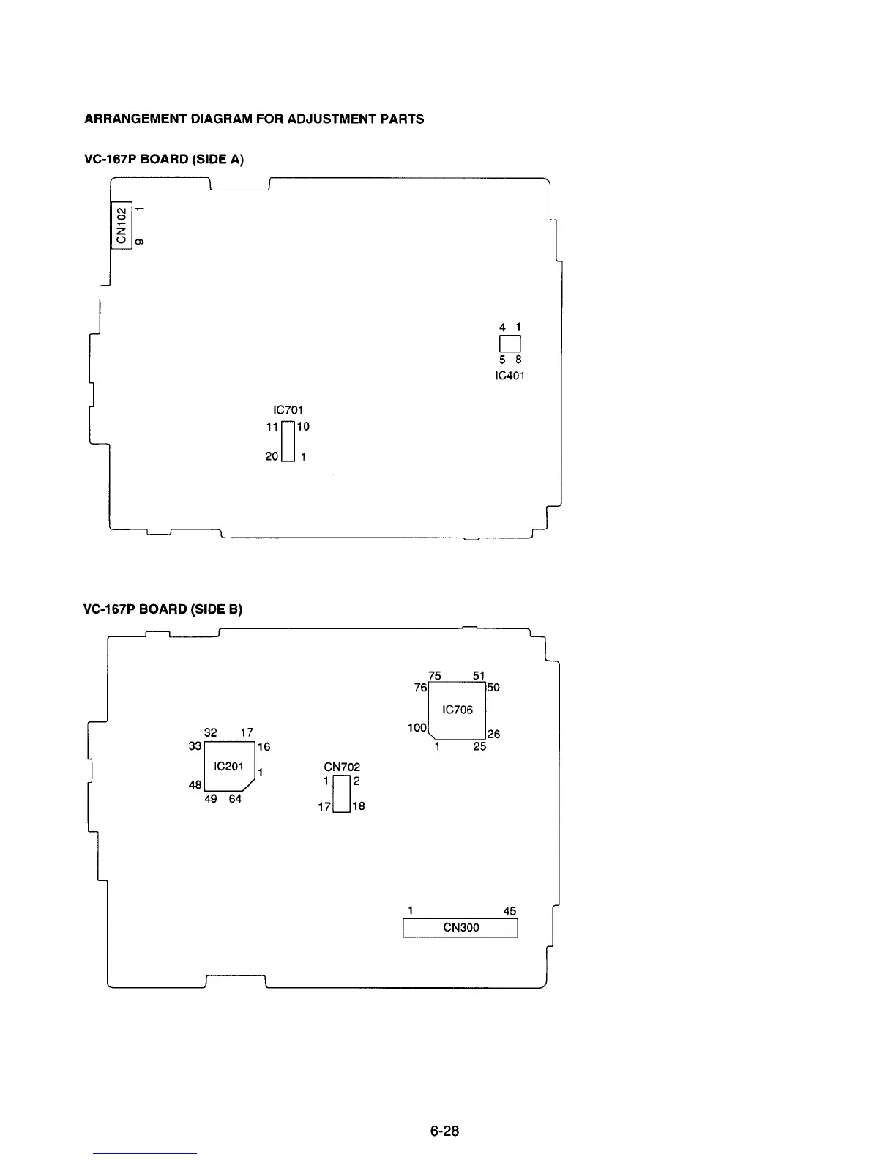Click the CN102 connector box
122,225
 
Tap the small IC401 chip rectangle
509,343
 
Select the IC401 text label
509,376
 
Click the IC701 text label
288,410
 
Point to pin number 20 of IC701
272,456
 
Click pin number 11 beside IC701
272,426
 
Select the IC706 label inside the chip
458,710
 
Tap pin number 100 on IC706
417,728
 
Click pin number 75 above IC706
435,676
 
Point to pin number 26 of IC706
494,734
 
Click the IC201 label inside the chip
228,766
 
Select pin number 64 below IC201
235,799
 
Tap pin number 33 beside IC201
195,746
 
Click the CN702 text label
342,767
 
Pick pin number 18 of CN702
358,806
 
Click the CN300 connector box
460,928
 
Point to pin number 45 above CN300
509,911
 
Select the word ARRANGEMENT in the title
132,119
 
